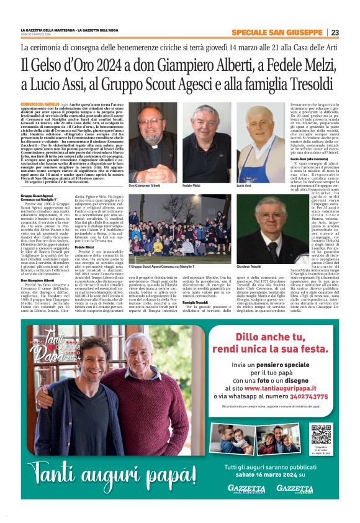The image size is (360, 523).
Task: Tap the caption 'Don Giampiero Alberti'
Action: pos(144,186)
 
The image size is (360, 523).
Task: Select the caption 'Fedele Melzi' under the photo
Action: pos(192,186)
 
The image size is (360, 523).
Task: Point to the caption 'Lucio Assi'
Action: pos(244,186)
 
